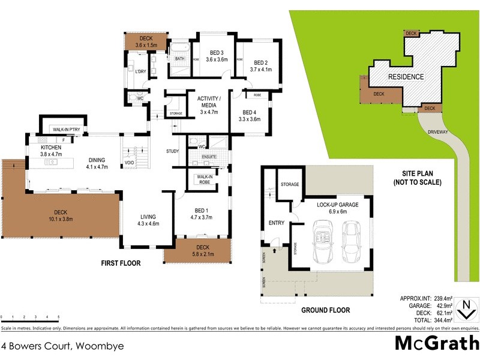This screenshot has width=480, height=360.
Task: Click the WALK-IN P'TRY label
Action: [x=67, y=130]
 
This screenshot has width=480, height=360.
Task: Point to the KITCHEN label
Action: [x=52, y=147]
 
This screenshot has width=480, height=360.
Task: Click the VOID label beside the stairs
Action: [x=129, y=163]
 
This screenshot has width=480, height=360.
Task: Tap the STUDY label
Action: [x=173, y=151]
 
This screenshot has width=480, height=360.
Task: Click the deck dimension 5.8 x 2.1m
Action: [x=197, y=254]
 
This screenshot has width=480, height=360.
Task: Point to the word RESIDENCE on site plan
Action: [x=406, y=77]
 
